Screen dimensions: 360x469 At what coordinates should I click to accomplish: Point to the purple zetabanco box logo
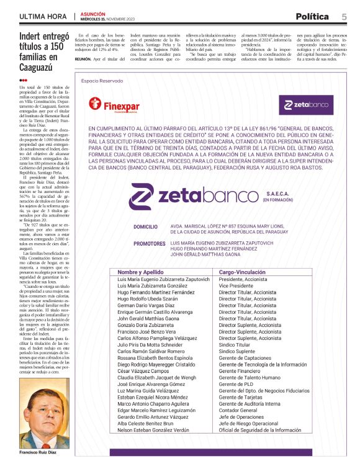[306, 104]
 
